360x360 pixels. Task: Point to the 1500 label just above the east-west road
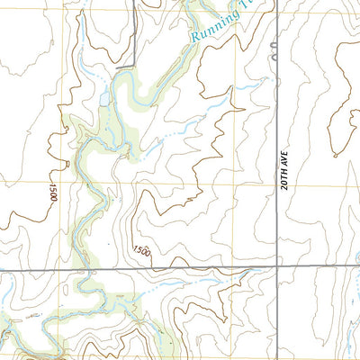click(142, 251)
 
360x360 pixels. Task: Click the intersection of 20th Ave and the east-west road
click(276, 267)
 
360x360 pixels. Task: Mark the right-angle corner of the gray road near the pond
click(135, 65)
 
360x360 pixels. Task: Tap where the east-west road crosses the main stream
click(87, 270)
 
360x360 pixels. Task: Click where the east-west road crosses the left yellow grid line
click(65, 270)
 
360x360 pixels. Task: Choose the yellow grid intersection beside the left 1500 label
click(65, 185)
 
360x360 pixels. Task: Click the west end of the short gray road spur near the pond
click(115, 65)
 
